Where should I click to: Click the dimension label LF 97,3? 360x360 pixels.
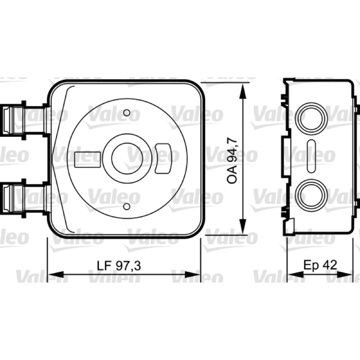pyautogui.click(x=119, y=265)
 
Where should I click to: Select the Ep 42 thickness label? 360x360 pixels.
pyautogui.click(x=320, y=265)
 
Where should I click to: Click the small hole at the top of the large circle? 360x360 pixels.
pyautogui.click(x=127, y=113)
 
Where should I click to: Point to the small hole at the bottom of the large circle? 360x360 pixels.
pyautogui.click(x=127, y=207)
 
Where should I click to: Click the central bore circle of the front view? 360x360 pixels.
pyautogui.click(x=127, y=158)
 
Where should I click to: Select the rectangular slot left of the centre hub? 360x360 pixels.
pyautogui.click(x=88, y=160)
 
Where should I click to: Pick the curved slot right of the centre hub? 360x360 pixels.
pyautogui.click(x=162, y=158)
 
